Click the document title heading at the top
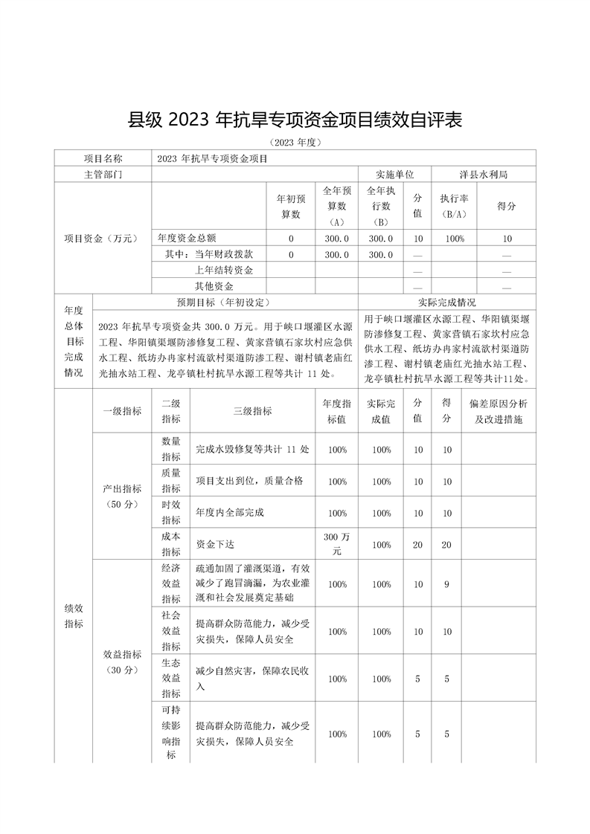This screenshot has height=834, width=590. pyautogui.click(x=295, y=119)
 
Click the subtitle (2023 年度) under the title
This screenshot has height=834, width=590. pyautogui.click(x=295, y=142)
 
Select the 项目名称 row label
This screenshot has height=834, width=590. pyautogui.click(x=103, y=158)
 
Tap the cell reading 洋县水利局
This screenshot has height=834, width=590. pyautogui.click(x=484, y=174)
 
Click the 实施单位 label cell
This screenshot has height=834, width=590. pyautogui.click(x=394, y=174)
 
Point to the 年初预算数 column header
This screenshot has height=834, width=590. pyautogui.click(x=291, y=206)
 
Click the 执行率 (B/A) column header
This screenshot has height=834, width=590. pyautogui.click(x=454, y=206)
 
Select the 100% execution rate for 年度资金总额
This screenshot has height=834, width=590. pyautogui.click(x=454, y=239)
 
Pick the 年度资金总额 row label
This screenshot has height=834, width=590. pyautogui.click(x=187, y=239)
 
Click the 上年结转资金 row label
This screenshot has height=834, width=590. pyautogui.click(x=224, y=271)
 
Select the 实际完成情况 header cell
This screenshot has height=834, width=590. pyautogui.click(x=446, y=303)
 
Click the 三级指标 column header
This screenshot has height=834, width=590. pyautogui.click(x=253, y=411)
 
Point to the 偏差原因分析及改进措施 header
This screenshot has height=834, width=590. pyautogui.click(x=499, y=411)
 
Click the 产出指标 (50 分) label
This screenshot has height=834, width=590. pyautogui.click(x=122, y=496)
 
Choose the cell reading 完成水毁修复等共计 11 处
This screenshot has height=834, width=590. pyautogui.click(x=252, y=450)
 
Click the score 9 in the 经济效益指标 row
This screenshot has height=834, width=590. pyautogui.click(x=446, y=584)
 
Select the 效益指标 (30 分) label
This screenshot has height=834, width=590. pyautogui.click(x=122, y=662)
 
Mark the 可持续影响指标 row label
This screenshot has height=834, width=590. pyautogui.click(x=170, y=734)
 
